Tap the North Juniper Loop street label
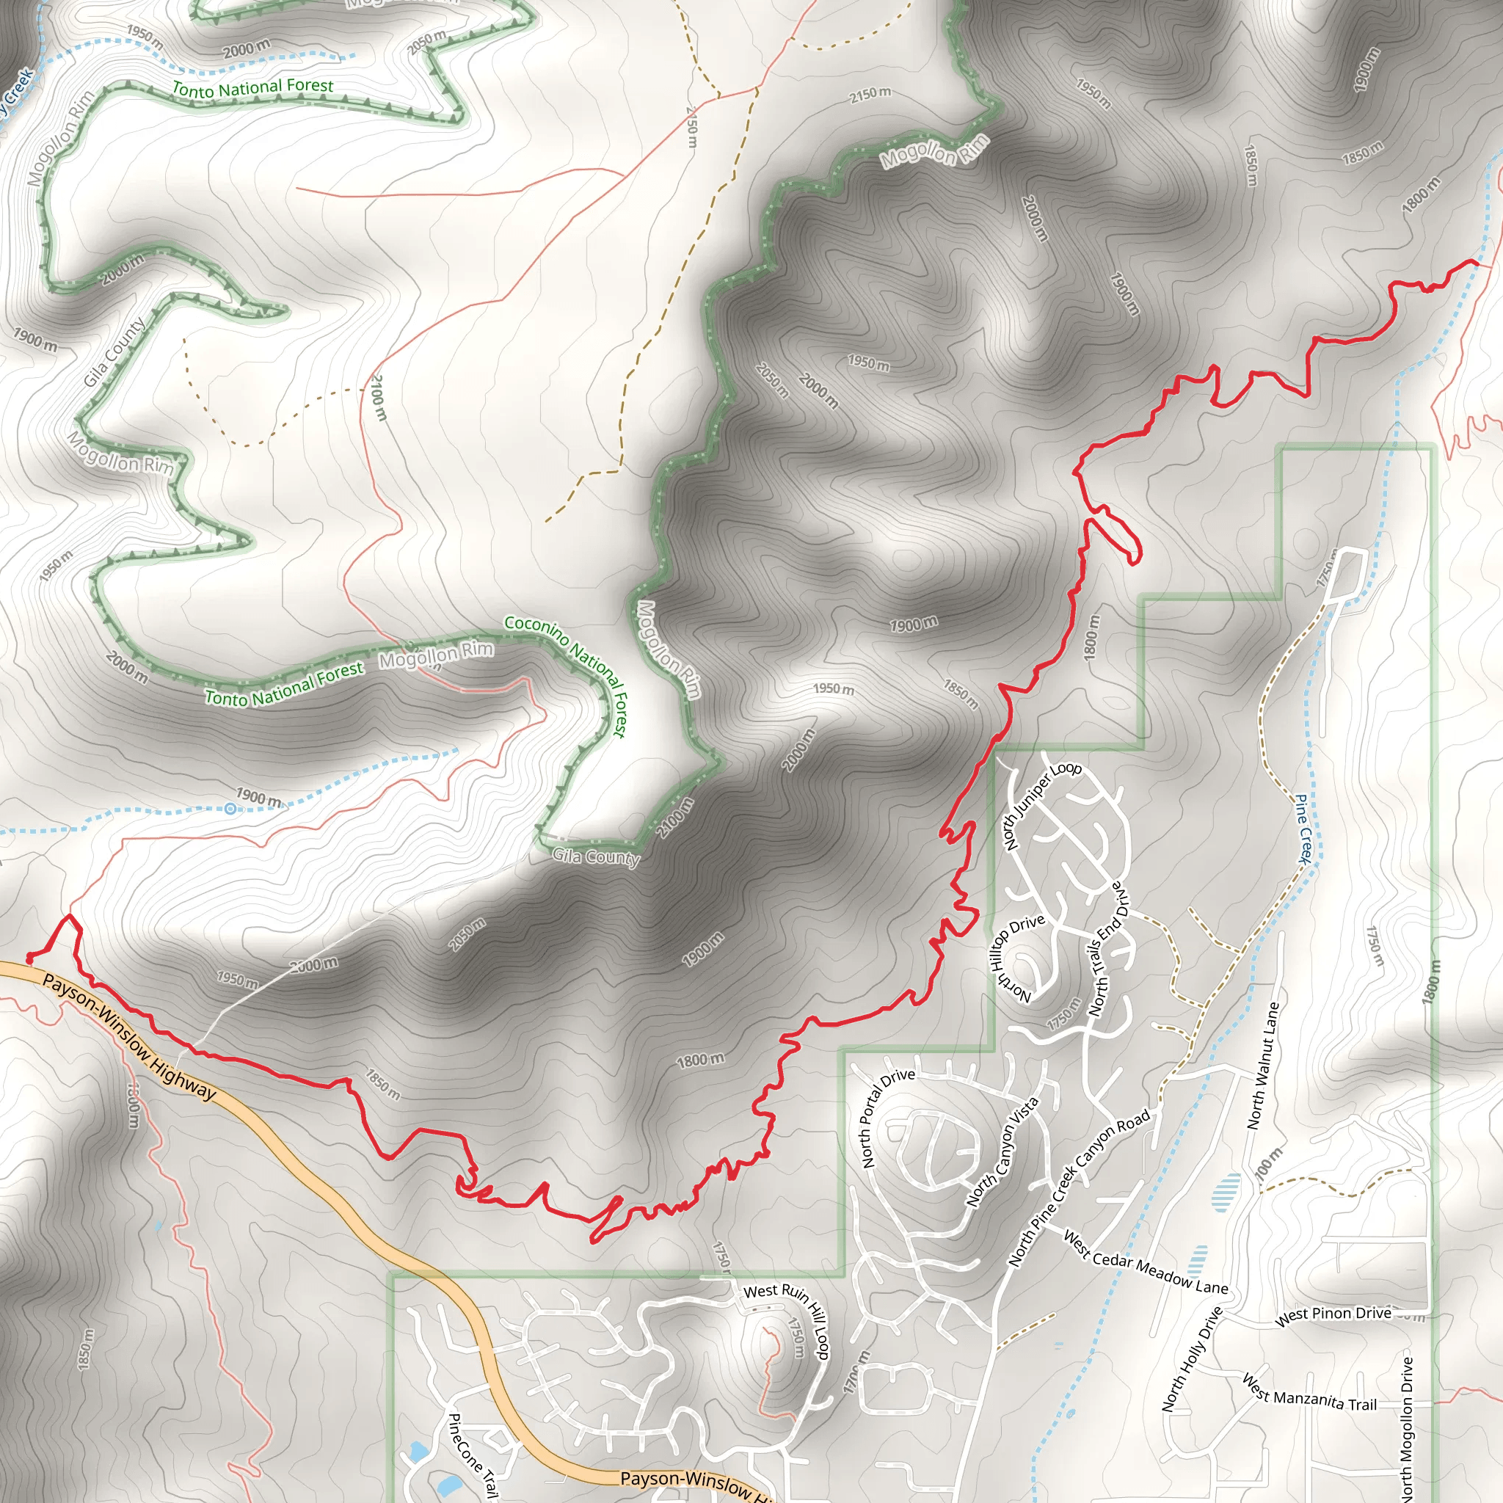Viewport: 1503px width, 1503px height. click(1041, 805)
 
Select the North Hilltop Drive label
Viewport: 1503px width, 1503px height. click(1015, 958)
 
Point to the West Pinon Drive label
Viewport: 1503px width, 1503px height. click(1333, 1314)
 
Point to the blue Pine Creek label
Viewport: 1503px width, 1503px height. click(1304, 829)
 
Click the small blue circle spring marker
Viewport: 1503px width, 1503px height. click(230, 809)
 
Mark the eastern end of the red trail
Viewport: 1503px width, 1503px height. click(1476, 262)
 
